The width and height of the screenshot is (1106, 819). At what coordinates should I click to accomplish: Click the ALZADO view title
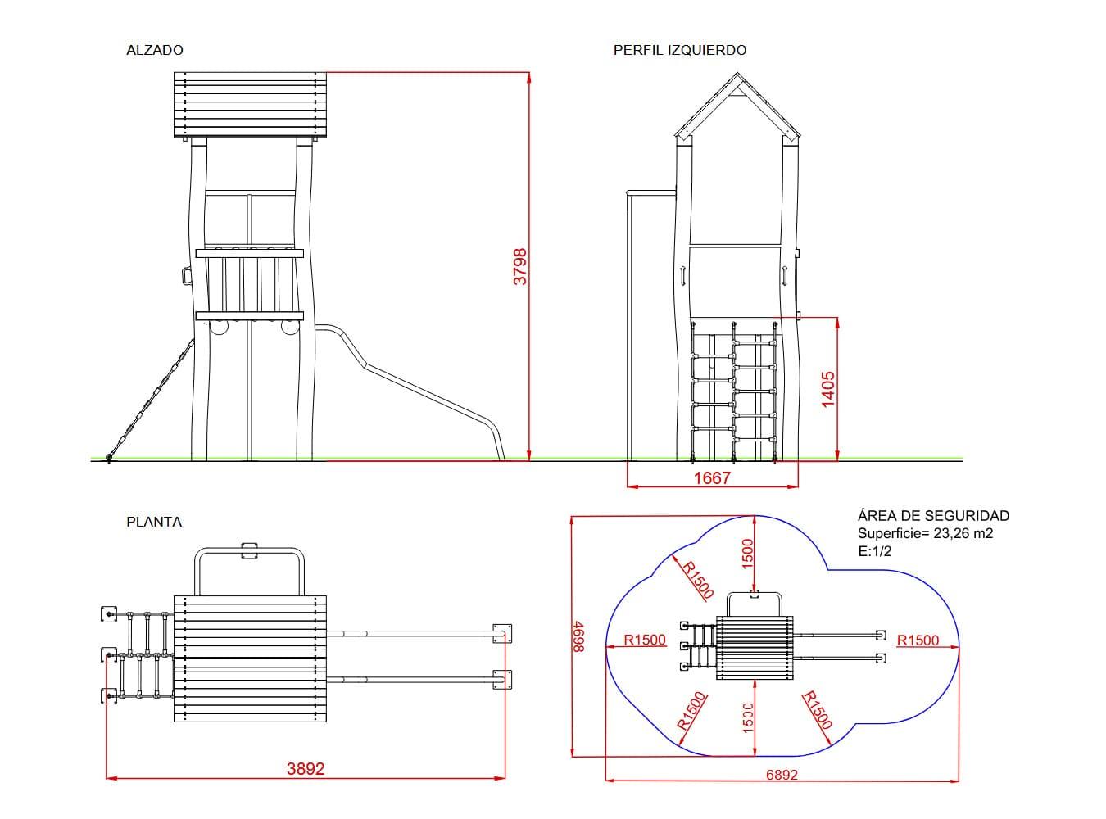(155, 50)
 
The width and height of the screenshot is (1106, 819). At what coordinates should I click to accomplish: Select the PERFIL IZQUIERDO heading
(680, 50)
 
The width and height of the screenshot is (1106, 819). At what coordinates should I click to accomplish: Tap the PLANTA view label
(154, 522)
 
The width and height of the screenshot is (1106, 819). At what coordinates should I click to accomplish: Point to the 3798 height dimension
(520, 267)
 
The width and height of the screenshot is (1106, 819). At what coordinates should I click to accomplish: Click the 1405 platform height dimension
(827, 389)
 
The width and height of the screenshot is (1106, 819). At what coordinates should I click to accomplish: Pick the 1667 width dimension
(712, 478)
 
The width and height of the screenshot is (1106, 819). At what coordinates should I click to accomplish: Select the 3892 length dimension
(306, 769)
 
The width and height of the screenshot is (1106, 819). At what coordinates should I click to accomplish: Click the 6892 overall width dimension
(782, 775)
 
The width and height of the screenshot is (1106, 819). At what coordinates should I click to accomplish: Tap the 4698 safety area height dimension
(578, 636)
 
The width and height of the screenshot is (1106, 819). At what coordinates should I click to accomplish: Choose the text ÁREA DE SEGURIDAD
(933, 515)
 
